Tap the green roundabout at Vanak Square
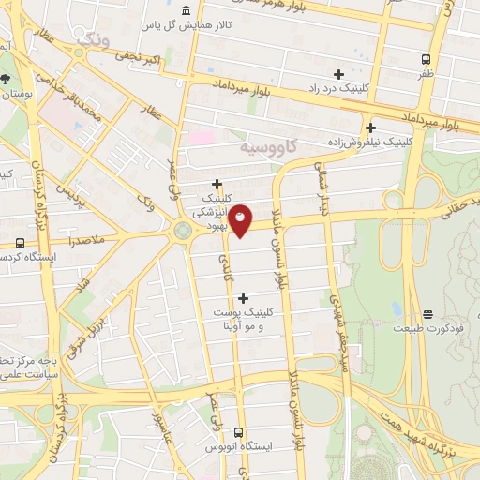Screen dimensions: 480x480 tap(181, 230)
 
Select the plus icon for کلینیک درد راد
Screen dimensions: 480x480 tap(339, 74)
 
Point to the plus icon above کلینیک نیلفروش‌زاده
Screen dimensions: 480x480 tap(371, 127)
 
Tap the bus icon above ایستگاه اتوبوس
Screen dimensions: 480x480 tap(238, 433)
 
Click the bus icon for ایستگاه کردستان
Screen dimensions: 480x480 tap(20, 244)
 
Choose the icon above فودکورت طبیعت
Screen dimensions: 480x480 tap(427, 313)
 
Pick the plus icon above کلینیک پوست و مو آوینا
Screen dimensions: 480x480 tap(244, 298)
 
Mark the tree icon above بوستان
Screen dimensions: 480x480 tap(7, 79)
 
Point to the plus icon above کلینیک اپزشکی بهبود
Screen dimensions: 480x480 tap(217, 184)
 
